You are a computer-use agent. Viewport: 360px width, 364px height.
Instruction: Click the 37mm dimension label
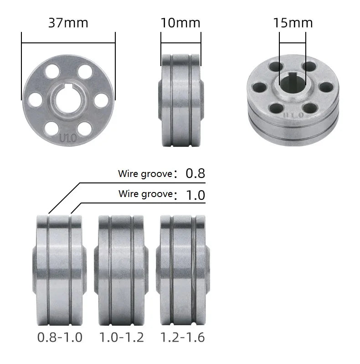coord(68,22)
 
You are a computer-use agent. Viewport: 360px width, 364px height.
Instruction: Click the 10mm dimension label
coord(180,22)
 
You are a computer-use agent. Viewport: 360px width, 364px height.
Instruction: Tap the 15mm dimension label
coord(293,22)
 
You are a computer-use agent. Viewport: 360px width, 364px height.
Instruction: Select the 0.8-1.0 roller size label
coord(60,338)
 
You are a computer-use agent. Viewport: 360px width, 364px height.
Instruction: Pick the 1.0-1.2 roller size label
coord(122,338)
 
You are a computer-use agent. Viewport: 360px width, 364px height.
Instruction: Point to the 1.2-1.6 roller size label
coord(182,338)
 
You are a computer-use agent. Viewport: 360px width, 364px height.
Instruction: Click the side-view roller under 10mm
coord(180,100)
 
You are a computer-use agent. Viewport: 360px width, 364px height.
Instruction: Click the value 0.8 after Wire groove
coord(195,173)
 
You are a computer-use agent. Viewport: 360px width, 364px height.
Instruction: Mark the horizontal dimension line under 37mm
coord(68,43)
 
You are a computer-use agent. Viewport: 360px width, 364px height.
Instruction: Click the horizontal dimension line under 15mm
coord(293,43)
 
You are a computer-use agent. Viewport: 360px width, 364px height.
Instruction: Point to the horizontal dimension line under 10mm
coord(180,43)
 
